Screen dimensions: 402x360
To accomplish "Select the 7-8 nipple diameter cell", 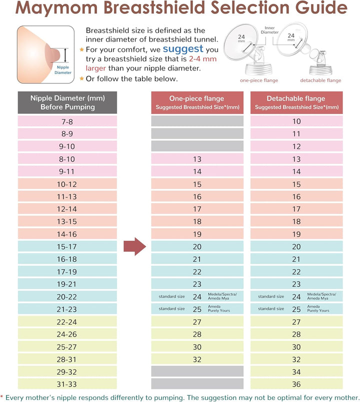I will tap(67, 121).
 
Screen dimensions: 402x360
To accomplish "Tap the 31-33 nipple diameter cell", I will tap(67, 384).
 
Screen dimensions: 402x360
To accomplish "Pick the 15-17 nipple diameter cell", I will tap(67, 246).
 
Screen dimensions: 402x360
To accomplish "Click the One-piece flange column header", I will tap(197, 102).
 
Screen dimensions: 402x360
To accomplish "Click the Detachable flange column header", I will tap(296, 102).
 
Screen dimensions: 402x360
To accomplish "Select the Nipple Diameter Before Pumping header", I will tap(67, 102).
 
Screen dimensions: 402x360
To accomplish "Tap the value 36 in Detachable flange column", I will tap(296, 384).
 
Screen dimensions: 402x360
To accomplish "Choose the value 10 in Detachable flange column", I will tap(296, 121).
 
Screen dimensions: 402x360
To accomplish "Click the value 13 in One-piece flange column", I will tap(197, 159).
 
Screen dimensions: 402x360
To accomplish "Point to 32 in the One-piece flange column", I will tap(197, 359).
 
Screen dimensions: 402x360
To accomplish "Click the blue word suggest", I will tap(183, 49).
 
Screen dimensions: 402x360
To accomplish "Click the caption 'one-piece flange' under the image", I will tap(259, 80).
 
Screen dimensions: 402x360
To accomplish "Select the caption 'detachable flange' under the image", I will tap(320, 80).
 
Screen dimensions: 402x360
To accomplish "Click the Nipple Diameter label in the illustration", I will tap(63, 69).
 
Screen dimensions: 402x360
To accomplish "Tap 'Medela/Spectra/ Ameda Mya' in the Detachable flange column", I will tap(321, 296).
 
